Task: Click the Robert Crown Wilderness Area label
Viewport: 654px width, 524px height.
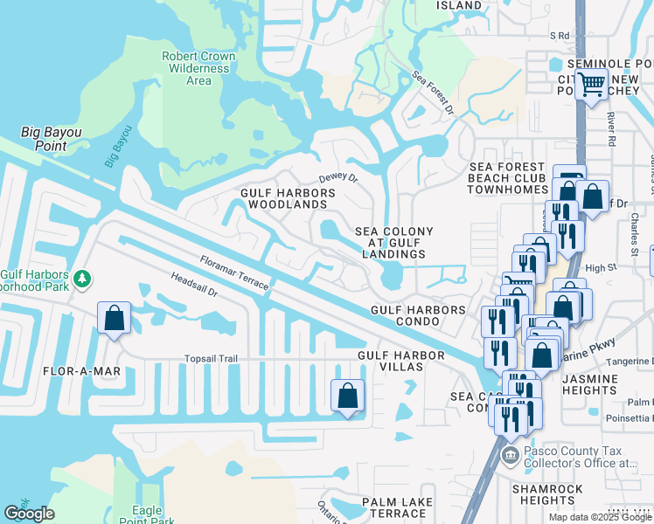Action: click(x=198, y=68)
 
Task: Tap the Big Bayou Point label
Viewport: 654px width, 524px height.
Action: click(x=51, y=139)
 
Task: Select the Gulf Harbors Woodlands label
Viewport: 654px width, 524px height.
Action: click(x=283, y=198)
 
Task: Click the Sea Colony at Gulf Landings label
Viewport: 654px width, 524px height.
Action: click(x=393, y=243)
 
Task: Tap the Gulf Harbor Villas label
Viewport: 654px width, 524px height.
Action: click(x=402, y=361)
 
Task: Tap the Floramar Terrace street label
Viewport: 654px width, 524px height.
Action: click(x=233, y=272)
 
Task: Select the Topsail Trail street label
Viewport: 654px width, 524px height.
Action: click(x=211, y=358)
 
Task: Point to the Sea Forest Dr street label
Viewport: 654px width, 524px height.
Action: click(x=433, y=94)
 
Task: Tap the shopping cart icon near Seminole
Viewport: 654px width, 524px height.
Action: click(x=592, y=84)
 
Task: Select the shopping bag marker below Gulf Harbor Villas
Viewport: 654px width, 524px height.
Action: click(x=347, y=395)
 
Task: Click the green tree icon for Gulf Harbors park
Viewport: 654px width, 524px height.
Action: click(x=82, y=279)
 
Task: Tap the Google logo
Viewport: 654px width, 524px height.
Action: click(x=30, y=514)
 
